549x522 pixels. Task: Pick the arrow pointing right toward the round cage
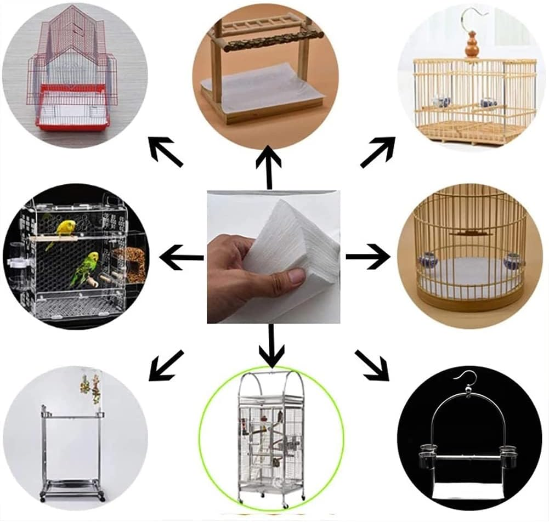pos(368,256)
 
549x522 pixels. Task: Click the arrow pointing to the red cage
pos(166,151)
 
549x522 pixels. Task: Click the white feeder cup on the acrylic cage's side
pos(18,262)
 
